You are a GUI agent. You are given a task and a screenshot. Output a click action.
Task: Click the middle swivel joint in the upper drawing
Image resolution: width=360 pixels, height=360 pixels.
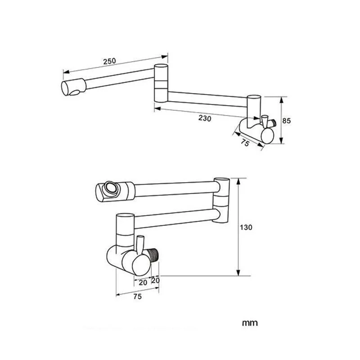click(x=161, y=83)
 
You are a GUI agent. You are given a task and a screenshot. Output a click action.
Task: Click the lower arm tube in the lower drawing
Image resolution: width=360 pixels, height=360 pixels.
click(x=175, y=216)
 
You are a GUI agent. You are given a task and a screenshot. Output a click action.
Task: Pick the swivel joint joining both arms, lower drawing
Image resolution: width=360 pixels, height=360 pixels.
click(x=221, y=200)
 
